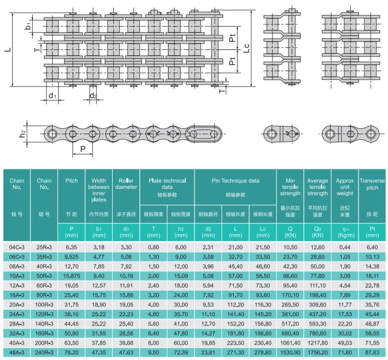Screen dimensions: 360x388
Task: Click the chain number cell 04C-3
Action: tap(17, 247)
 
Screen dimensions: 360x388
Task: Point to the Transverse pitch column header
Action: tap(372, 184)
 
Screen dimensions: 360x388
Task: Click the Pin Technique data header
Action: tap(235, 180)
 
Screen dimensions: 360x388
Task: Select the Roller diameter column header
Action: tap(126, 184)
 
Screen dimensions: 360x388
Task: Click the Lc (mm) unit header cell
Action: tap(263, 232)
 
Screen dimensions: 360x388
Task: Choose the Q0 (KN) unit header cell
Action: tap(317, 232)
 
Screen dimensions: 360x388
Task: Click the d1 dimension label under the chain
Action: tap(52, 96)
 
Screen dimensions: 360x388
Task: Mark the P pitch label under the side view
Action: tap(82, 149)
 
